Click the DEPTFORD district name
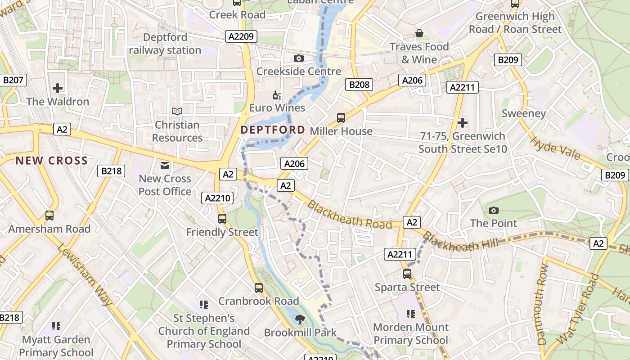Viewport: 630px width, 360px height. [x=273, y=130]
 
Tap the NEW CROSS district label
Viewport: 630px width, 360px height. [x=52, y=161]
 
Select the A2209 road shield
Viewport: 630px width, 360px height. [x=241, y=36]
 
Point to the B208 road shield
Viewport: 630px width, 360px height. [x=359, y=84]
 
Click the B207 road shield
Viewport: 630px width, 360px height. [x=13, y=81]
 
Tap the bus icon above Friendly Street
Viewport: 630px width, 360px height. [x=222, y=219]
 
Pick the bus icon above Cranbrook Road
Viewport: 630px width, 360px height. [x=259, y=288]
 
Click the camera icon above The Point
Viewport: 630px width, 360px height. [x=494, y=210]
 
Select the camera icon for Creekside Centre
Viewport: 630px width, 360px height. [x=298, y=58]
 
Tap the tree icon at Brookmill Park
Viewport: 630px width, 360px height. [x=299, y=319]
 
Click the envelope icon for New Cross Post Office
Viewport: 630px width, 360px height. [x=165, y=166]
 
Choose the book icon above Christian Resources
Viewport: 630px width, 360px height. [x=177, y=111]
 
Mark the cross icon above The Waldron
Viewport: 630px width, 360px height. [x=58, y=88]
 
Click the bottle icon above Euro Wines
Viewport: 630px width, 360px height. [x=277, y=95]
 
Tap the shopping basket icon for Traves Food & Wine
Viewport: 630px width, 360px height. [x=419, y=33]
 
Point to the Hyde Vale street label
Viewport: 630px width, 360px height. [x=556, y=148]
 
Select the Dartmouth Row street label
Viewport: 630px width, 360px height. [x=543, y=304]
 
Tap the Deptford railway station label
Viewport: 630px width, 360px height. [x=165, y=44]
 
